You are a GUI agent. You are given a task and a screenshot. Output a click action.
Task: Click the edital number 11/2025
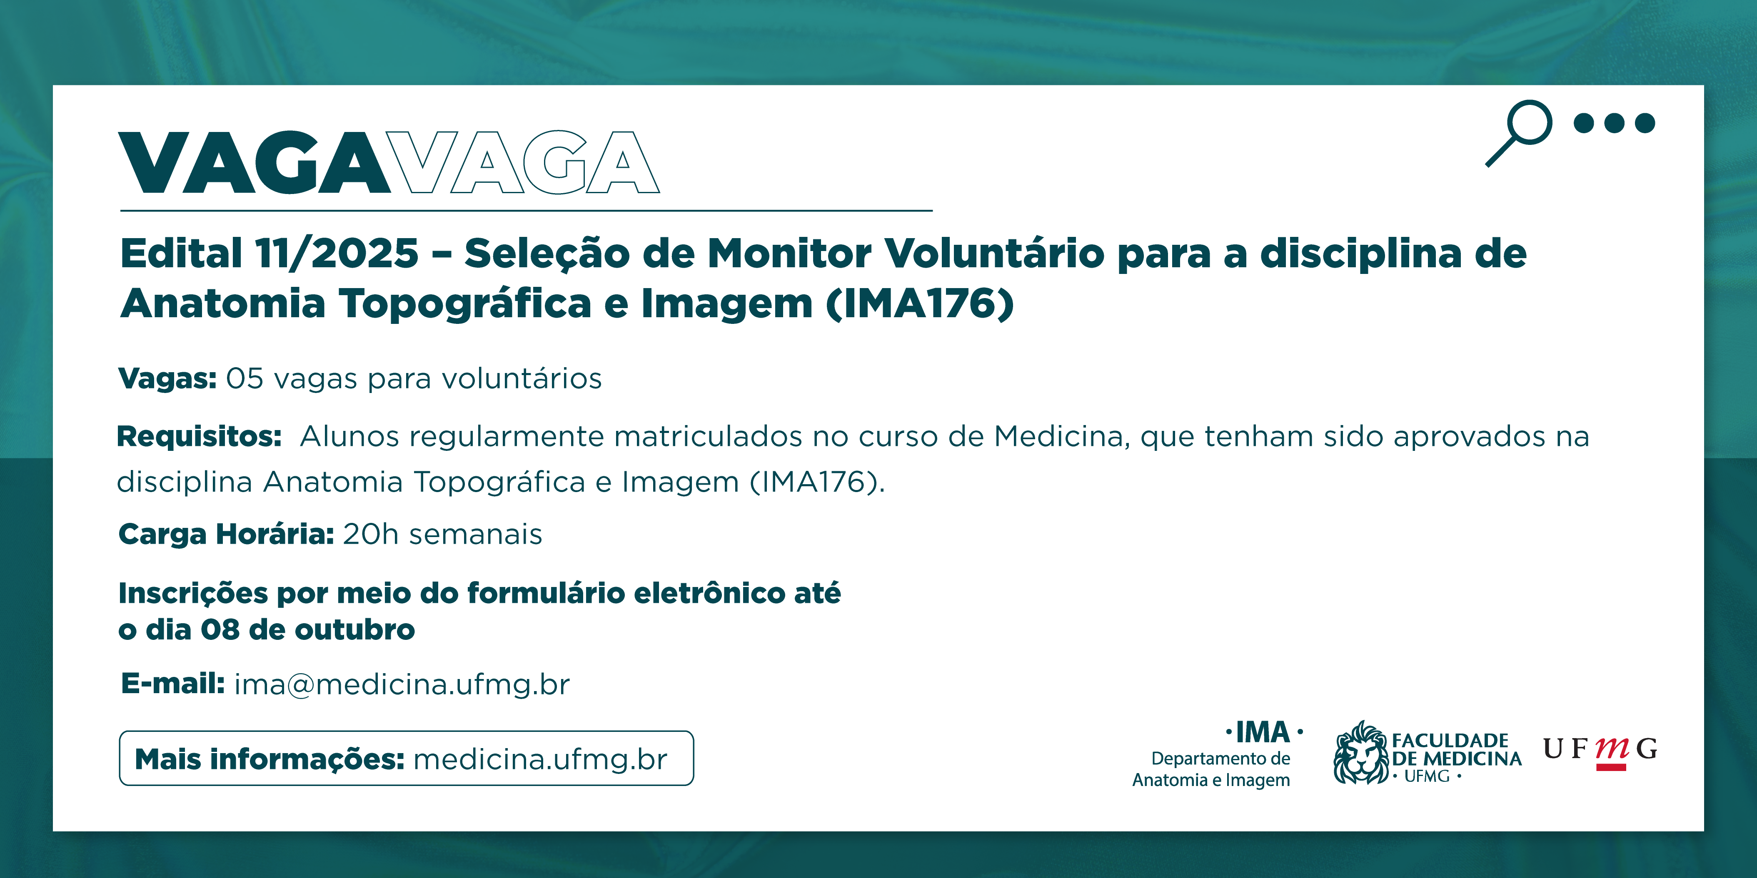click(337, 254)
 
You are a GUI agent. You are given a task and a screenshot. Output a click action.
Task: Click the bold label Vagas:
click(167, 378)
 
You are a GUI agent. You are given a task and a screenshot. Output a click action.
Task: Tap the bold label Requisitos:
click(199, 436)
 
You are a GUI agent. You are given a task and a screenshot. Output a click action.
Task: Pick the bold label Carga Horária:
click(226, 535)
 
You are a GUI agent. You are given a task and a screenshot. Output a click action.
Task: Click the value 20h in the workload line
click(370, 535)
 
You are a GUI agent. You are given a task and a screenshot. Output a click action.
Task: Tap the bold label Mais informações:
click(270, 759)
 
